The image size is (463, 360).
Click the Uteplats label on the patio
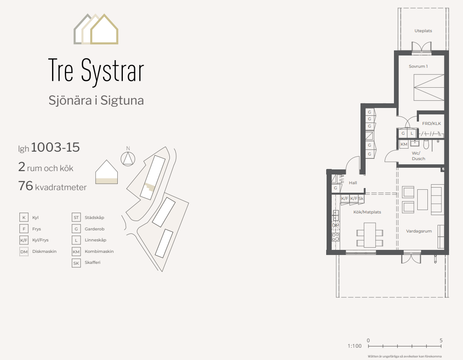point(423,31)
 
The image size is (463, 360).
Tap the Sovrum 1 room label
point(418,66)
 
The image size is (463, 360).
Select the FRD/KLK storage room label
point(431,123)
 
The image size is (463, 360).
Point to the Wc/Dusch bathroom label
point(418,156)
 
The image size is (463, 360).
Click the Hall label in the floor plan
point(353,183)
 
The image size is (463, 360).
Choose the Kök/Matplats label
point(367,212)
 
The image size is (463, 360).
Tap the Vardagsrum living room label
point(419,231)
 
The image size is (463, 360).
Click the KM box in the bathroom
point(404,144)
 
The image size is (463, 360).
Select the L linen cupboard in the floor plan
point(412,133)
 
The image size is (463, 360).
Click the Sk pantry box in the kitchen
point(361,199)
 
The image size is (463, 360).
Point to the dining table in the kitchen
point(370,235)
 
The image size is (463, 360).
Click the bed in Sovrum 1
point(429,87)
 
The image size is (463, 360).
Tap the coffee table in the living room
point(423,199)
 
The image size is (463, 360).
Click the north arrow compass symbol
point(128,158)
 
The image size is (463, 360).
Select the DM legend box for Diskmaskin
point(24,252)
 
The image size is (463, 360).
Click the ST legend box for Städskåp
point(76,218)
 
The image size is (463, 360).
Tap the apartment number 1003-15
point(55,147)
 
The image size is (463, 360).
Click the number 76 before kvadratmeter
point(25,186)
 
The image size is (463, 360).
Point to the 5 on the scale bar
point(441,341)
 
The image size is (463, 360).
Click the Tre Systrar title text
point(96,70)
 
